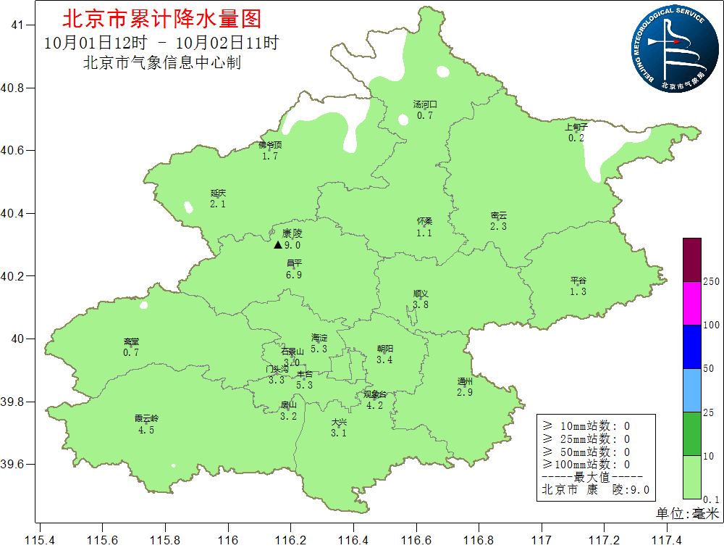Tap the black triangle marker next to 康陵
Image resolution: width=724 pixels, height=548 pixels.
pos(277,245)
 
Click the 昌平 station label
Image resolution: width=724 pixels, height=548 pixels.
pos(294,264)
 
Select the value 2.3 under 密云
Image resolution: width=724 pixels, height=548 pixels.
pos(498,227)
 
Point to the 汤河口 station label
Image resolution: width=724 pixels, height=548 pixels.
pos(425,104)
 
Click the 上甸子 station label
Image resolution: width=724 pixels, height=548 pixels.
pos(576,127)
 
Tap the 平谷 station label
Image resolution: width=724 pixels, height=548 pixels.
pos(578,281)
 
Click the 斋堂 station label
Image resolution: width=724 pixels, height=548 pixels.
pos(131,341)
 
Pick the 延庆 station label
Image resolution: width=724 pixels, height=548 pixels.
pos(219,194)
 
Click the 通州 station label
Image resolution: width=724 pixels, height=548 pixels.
pos(465,381)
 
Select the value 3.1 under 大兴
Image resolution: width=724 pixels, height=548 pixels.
pos(339,433)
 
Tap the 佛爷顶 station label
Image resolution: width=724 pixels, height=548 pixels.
pos(270,145)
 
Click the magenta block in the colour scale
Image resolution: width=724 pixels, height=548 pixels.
pos(691,302)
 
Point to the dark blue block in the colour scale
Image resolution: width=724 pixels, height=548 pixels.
pos(691,346)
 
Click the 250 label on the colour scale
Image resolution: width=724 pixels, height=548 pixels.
pos(711,281)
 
